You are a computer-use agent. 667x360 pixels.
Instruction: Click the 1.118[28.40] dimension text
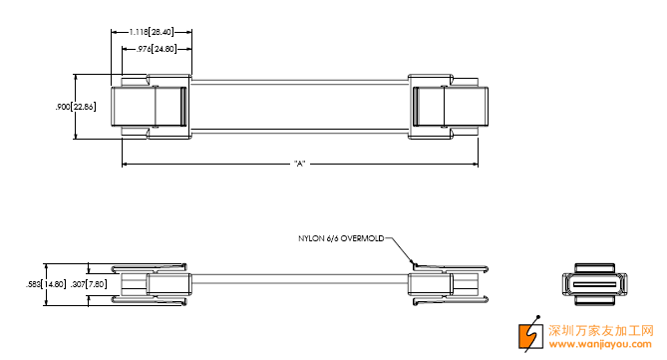click(x=152, y=32)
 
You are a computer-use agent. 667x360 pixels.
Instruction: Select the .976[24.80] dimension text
click(x=157, y=49)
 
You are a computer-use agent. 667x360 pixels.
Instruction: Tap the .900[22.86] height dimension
click(x=76, y=107)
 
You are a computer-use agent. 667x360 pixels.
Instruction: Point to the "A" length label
click(x=300, y=164)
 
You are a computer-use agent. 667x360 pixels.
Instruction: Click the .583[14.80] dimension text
click(x=46, y=284)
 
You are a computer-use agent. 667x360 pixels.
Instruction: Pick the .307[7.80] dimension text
click(x=89, y=284)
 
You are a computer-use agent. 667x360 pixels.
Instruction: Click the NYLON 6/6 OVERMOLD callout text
click(x=341, y=238)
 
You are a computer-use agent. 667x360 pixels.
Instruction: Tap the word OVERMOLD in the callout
click(x=363, y=238)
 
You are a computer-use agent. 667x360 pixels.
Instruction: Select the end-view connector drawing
click(x=594, y=284)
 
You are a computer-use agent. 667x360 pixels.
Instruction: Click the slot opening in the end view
click(x=594, y=284)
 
